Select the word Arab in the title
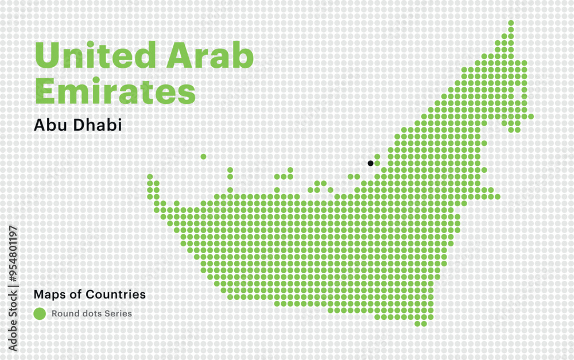tap(210, 56)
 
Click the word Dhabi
tap(98, 125)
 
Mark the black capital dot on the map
tap(371, 163)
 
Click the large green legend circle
tap(40, 313)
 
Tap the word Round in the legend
tap(63, 313)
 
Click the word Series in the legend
tap(119, 313)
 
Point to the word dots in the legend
tap(90, 313)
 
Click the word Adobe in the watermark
tap(13, 332)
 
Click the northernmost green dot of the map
tap(511, 23)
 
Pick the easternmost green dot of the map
tap(531, 117)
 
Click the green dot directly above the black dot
tap(377, 156)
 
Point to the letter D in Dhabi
tap(79, 125)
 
